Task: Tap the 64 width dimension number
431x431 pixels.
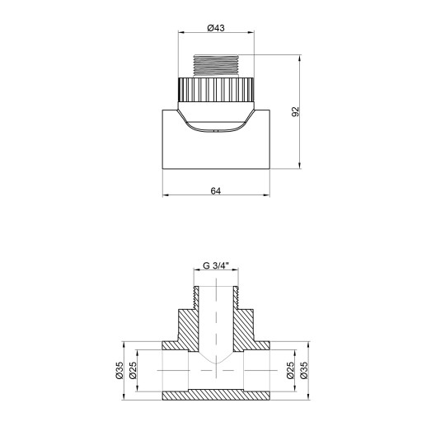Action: [x=216, y=190]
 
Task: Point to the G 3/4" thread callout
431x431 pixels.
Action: [x=216, y=265]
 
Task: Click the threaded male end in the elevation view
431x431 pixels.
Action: [x=216, y=65]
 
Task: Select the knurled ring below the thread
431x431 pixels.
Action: [x=216, y=87]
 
